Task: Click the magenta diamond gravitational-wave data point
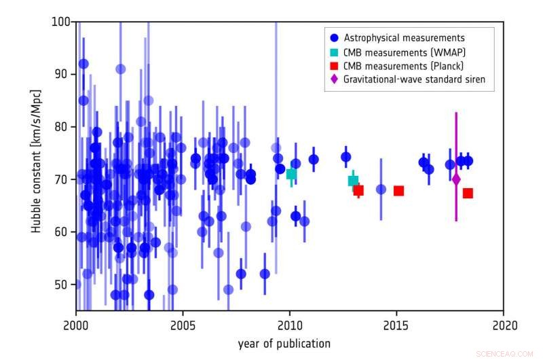tap(456, 179)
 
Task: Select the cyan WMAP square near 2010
tap(291, 174)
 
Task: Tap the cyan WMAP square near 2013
tap(353, 181)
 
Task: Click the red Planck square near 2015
tap(398, 191)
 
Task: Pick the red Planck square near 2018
tap(468, 193)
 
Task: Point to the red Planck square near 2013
tap(358, 190)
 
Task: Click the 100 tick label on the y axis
tap(60, 22)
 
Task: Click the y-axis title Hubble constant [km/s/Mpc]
tap(35, 161)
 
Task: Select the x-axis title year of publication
tap(284, 343)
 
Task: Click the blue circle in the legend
tap(333, 37)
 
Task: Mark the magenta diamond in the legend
tap(333, 79)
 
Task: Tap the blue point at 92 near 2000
tap(83, 64)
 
